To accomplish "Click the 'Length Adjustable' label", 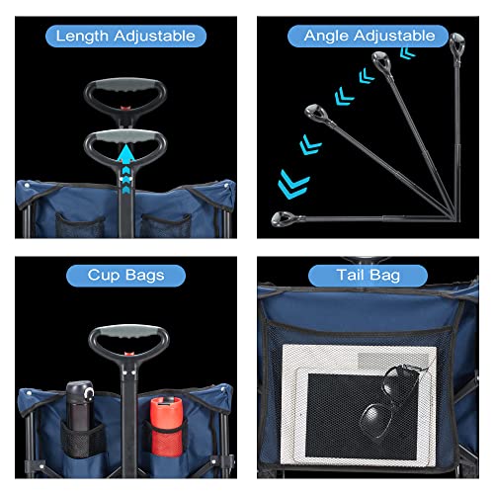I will click(x=125, y=37).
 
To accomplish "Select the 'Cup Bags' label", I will click(x=125, y=276).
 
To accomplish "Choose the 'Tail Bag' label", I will click(x=369, y=276).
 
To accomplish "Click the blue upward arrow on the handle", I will click(x=125, y=158).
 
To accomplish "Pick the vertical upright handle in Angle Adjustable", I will click(x=456, y=44).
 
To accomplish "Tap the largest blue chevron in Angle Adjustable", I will click(x=293, y=185).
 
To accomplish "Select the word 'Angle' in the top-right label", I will click(x=326, y=37).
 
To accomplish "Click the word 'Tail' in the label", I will click(x=350, y=276).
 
